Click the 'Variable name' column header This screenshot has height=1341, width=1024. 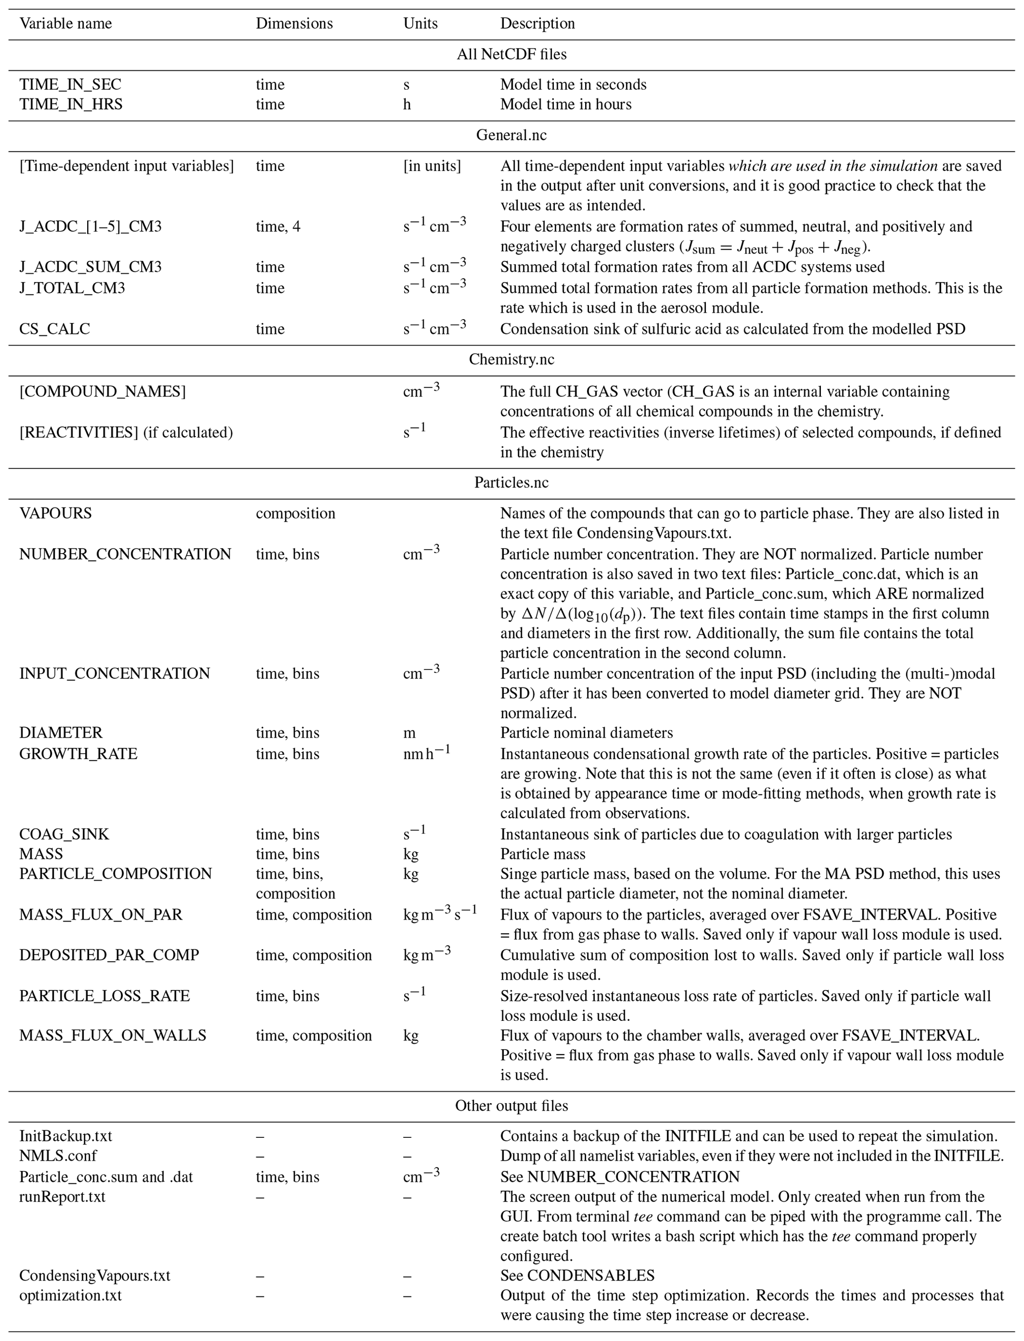(66, 24)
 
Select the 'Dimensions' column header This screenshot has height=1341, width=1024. (294, 24)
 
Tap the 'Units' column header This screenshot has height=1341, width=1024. (420, 24)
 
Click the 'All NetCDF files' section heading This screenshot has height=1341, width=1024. (511, 54)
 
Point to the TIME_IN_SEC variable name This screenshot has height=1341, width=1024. (70, 85)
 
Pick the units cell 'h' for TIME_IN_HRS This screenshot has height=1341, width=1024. (407, 104)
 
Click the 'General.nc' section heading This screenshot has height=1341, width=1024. (511, 135)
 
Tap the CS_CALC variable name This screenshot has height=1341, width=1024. (54, 329)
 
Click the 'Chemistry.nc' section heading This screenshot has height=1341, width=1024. (511, 360)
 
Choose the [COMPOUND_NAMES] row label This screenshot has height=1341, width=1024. (103, 391)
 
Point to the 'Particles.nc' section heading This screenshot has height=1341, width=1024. (511, 483)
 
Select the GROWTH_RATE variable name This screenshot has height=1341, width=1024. (78, 754)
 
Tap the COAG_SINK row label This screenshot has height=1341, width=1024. (64, 835)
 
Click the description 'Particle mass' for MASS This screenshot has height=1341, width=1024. (542, 854)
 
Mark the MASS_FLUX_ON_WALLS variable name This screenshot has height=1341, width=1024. (113, 1036)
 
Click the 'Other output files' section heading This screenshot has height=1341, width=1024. (511, 1106)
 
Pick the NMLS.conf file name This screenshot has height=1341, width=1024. (58, 1156)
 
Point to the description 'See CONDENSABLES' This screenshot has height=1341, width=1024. (577, 1276)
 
